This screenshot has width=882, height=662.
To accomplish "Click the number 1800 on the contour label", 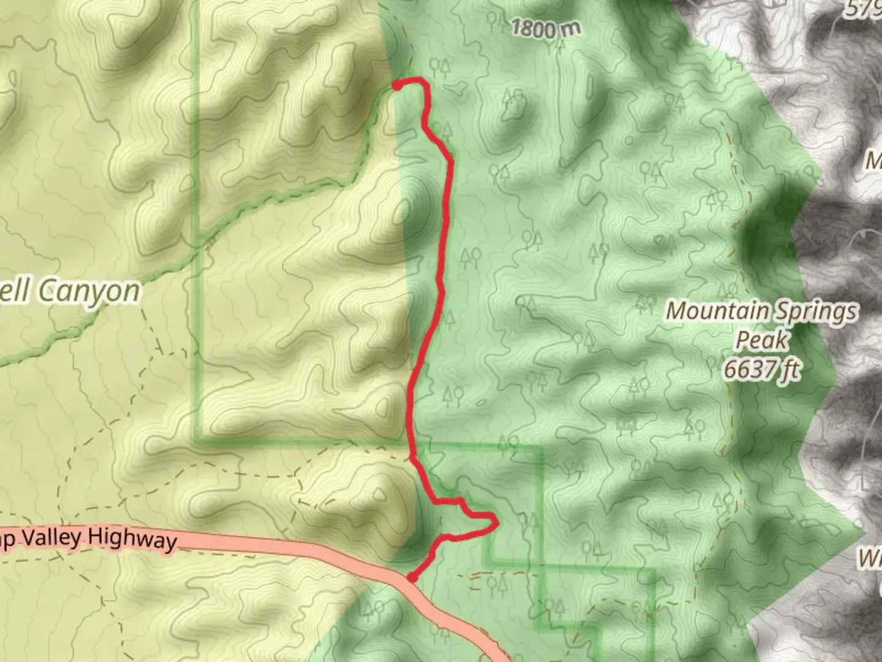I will point(532,28).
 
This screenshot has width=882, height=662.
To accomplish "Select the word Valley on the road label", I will point(52,538).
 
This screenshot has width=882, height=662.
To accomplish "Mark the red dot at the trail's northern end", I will point(397,85).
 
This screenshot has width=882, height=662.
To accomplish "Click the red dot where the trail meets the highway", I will point(412,577).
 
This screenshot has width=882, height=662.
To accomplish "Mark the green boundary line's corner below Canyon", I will point(198,439).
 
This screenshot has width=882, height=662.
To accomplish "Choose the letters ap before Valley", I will point(11,537).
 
